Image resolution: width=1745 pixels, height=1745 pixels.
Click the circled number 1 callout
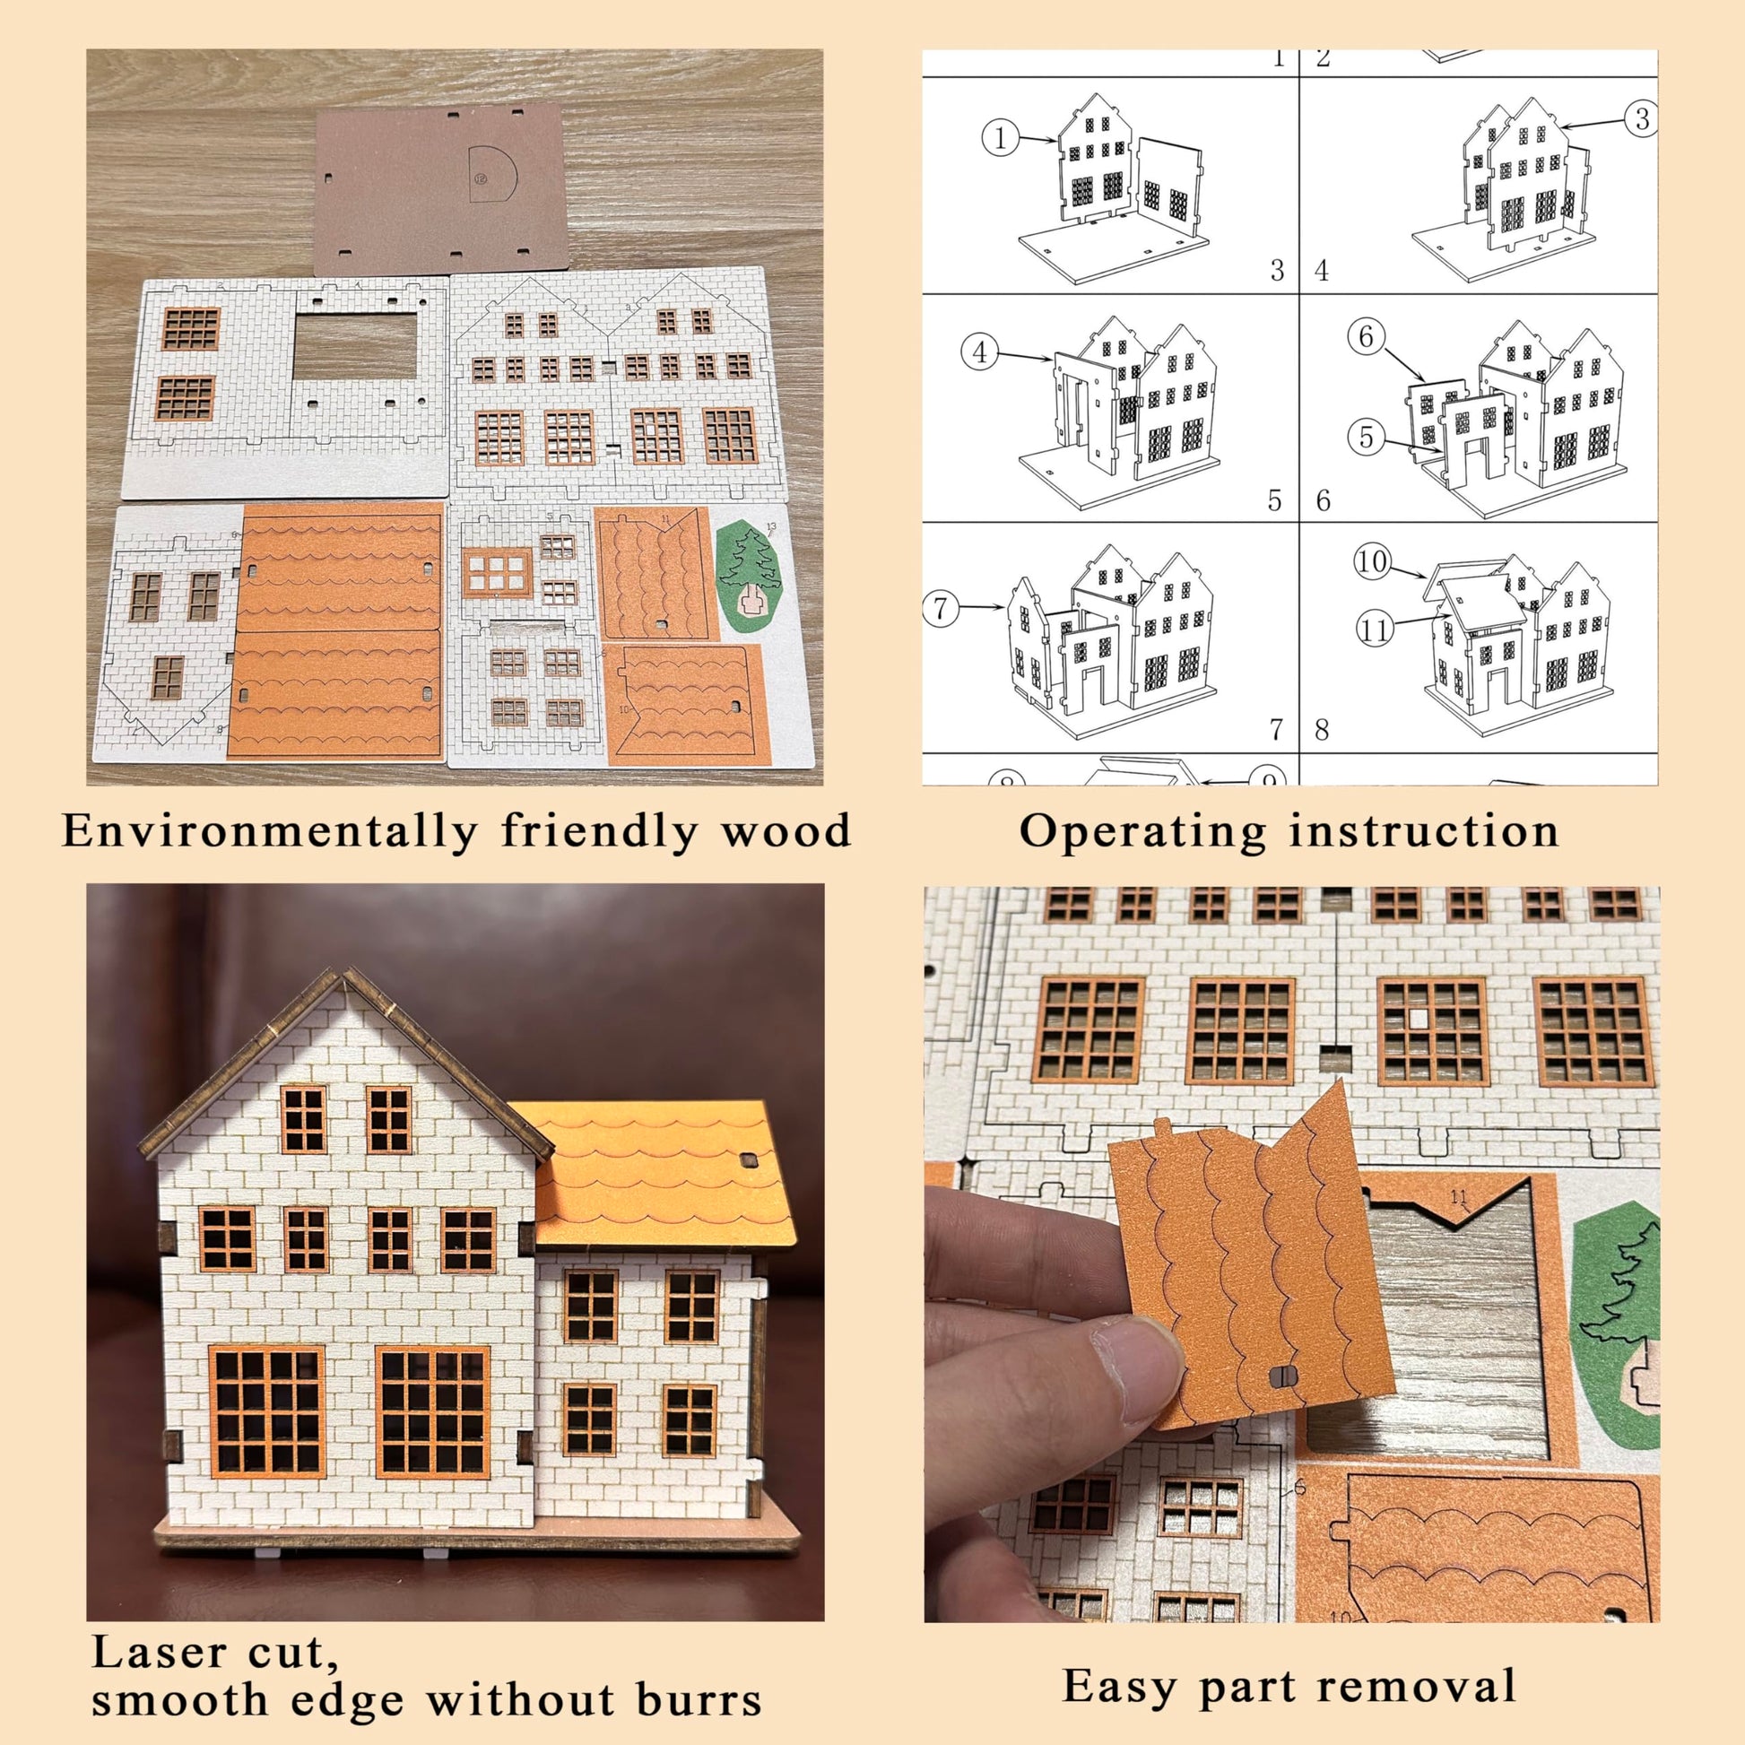tap(1000, 139)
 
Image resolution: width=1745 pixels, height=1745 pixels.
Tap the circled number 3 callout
tap(1641, 118)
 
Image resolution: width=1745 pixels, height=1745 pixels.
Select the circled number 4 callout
tap(981, 352)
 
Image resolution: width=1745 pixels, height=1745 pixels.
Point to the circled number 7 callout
tap(942, 608)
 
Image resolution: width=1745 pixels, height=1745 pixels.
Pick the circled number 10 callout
tap(1371, 562)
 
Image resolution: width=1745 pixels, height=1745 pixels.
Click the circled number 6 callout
tap(1366, 337)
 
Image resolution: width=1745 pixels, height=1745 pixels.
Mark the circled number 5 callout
tap(1366, 438)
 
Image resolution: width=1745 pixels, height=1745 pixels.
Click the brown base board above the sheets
tap(442, 186)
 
